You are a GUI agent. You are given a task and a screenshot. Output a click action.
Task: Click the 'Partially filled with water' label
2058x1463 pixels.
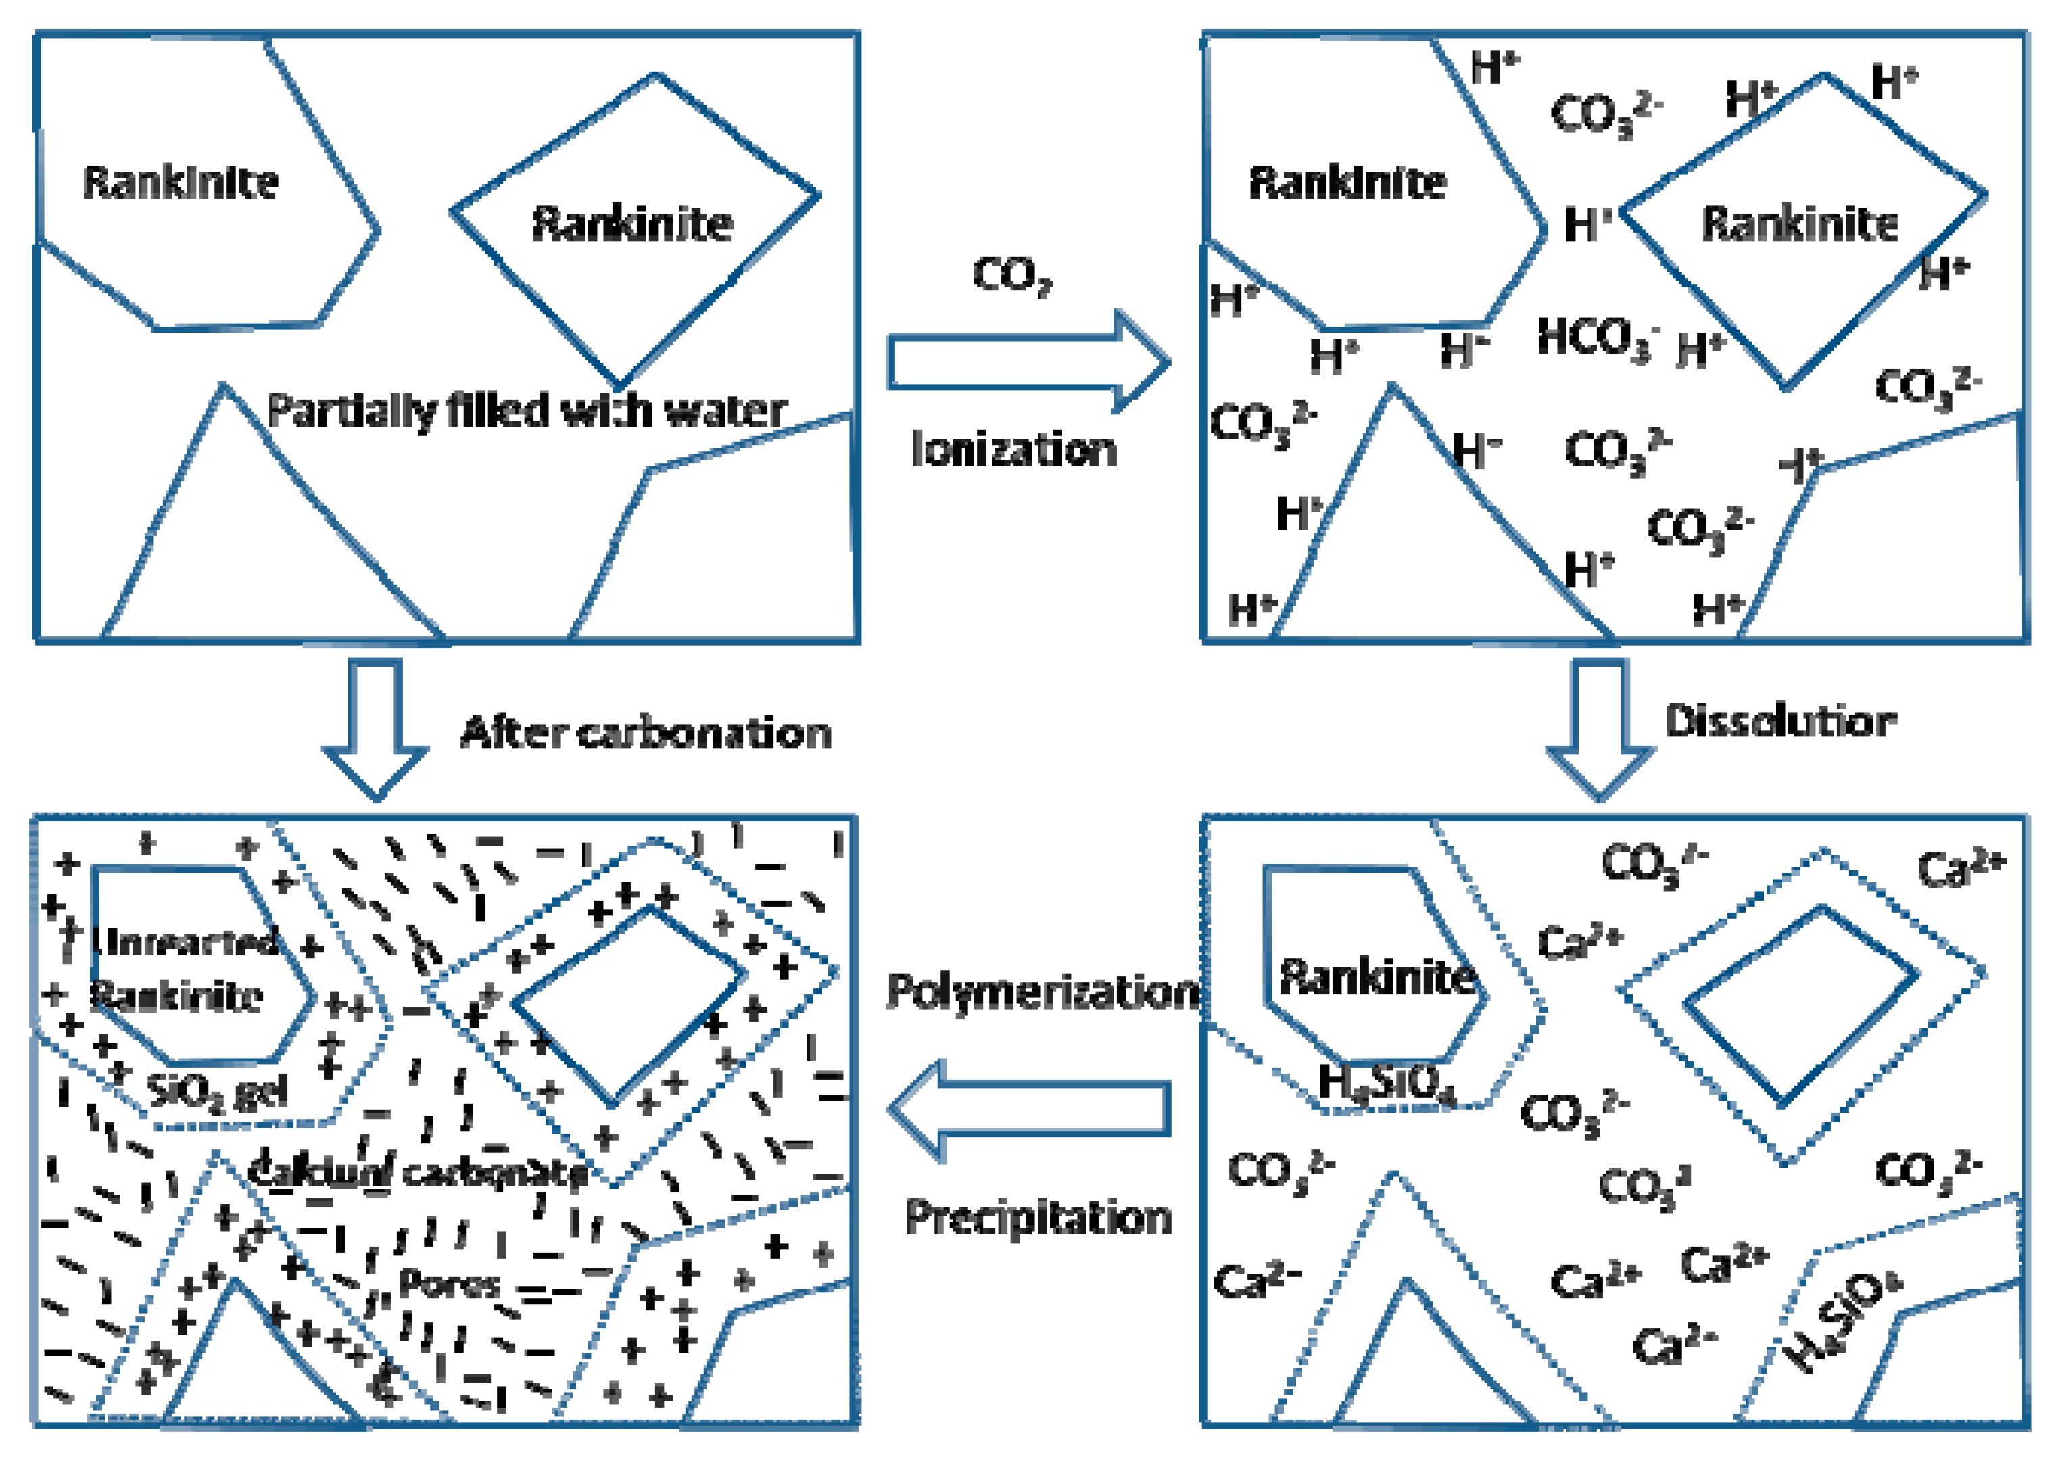pyautogui.click(x=527, y=411)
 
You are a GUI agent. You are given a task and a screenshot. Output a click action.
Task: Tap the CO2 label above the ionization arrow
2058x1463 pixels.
pyautogui.click(x=1011, y=274)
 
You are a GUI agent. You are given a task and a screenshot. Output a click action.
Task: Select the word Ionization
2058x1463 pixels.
pyautogui.click(x=1014, y=449)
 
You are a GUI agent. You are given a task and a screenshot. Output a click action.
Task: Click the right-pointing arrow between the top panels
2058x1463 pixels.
pyautogui.click(x=1027, y=362)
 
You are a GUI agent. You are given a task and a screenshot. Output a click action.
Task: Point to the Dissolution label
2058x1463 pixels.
pyautogui.click(x=1779, y=721)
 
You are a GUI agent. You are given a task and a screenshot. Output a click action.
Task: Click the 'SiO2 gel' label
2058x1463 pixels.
pyautogui.click(x=217, y=1092)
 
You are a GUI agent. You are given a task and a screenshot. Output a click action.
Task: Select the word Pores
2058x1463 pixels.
pyautogui.click(x=448, y=1282)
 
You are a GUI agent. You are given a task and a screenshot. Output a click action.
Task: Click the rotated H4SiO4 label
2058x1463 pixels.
pyautogui.click(x=1844, y=1320)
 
